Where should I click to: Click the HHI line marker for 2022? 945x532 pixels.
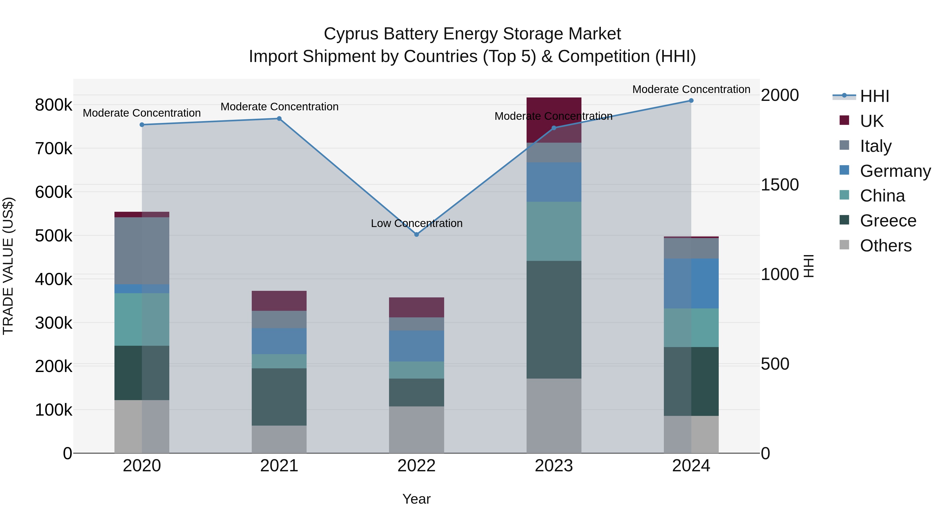[x=416, y=234]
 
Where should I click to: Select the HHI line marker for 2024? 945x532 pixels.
[x=691, y=101]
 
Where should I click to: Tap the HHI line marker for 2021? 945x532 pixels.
[x=279, y=118]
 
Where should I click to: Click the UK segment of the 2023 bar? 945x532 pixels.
[x=554, y=120]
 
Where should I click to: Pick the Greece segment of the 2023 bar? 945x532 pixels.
[x=554, y=319]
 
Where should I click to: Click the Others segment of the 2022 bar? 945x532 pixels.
[x=416, y=430]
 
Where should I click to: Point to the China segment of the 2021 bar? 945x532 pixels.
[x=279, y=361]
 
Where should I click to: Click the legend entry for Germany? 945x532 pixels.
[x=895, y=171]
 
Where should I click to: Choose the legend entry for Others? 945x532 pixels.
[x=885, y=246]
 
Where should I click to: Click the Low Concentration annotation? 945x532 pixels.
[x=416, y=223]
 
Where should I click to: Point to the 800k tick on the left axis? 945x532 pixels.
[x=54, y=105]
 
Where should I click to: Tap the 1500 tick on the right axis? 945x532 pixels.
[x=780, y=185]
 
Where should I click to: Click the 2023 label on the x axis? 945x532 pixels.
[x=554, y=466]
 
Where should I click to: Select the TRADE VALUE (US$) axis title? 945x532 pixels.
[x=8, y=266]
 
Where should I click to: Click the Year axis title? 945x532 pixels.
[x=416, y=499]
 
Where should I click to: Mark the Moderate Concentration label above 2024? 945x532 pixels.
[x=691, y=89]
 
